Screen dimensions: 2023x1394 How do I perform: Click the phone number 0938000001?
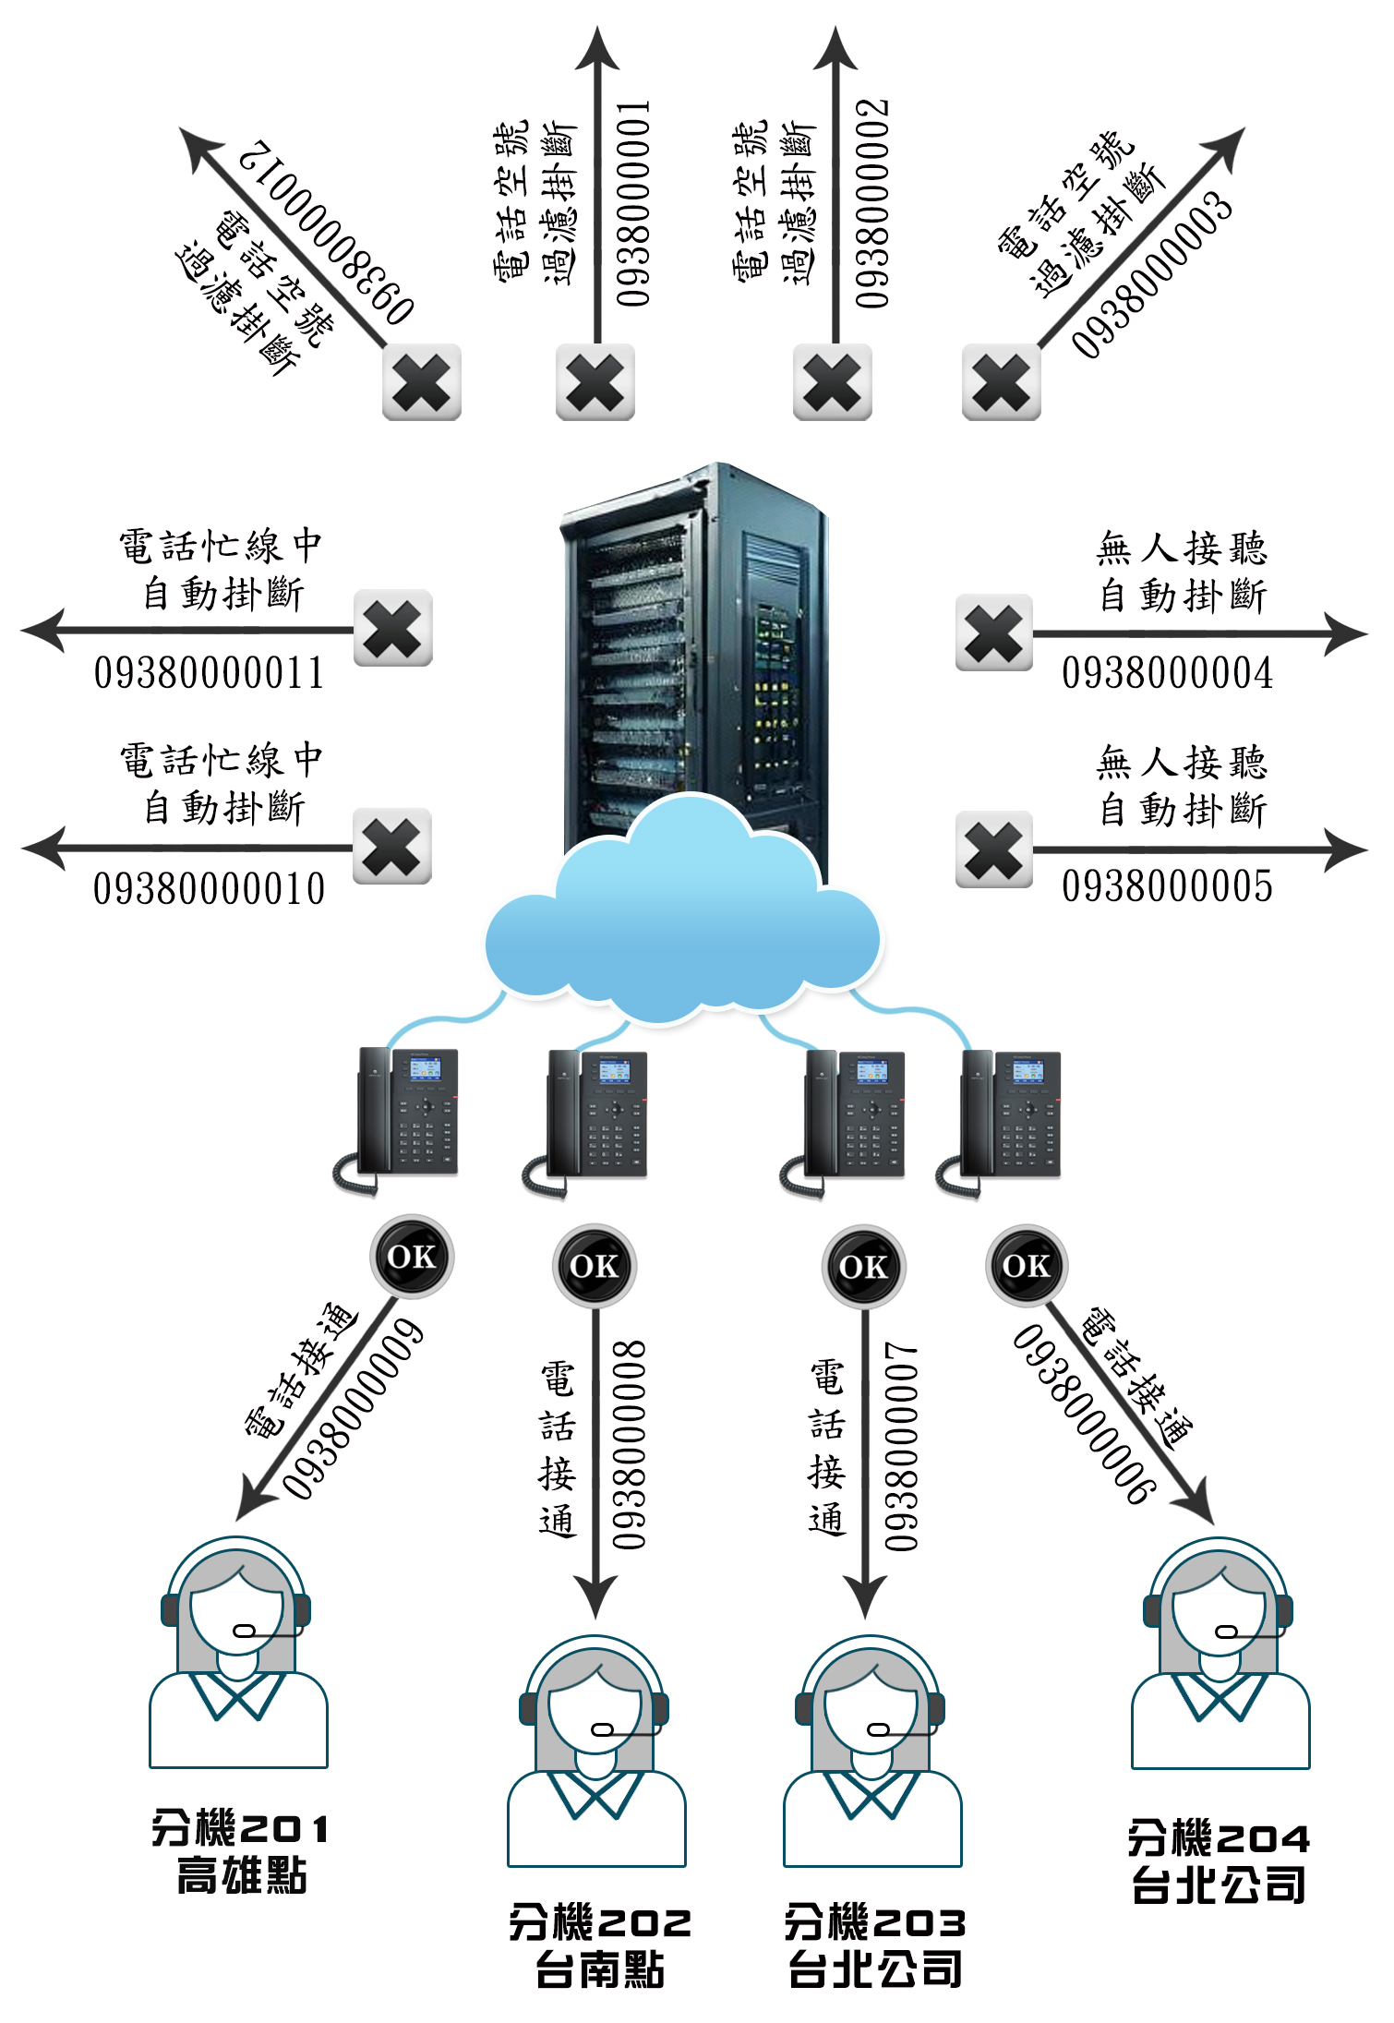tap(633, 203)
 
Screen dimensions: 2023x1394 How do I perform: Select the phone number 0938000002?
tap(871, 203)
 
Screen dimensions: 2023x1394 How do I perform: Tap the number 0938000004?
tap(1167, 673)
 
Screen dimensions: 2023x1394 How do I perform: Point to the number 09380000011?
tap(209, 673)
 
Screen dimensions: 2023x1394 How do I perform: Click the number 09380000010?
tap(209, 889)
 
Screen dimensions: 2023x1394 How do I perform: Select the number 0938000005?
tap(1167, 886)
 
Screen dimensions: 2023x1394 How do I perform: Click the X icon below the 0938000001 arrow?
tap(595, 382)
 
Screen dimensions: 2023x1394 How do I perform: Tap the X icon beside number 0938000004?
tap(994, 633)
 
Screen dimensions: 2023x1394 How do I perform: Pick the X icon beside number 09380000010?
tap(392, 847)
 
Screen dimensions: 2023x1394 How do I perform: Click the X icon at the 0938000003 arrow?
tap(1002, 382)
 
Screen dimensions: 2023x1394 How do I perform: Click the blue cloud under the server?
tap(683, 923)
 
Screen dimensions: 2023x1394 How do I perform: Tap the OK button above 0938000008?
tap(595, 1266)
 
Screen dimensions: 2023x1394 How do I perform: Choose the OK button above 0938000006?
tap(1027, 1266)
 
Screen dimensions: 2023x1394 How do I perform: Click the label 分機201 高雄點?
tap(240, 1852)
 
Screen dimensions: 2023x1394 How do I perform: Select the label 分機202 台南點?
tap(600, 1945)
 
